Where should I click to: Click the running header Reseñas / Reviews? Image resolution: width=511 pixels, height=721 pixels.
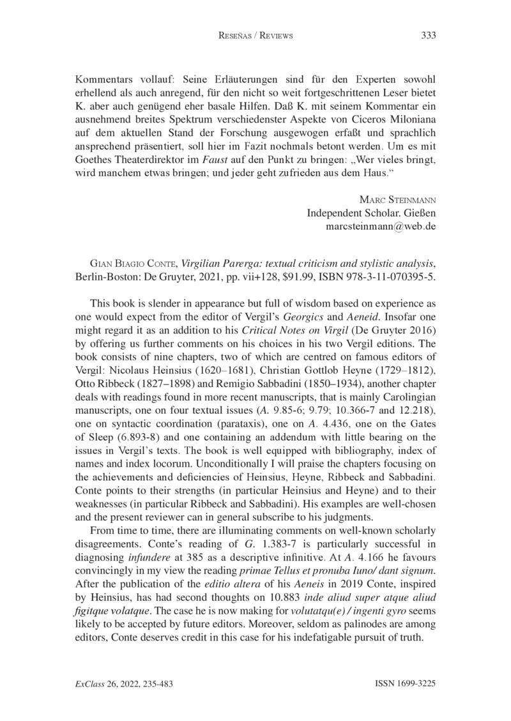(256, 36)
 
